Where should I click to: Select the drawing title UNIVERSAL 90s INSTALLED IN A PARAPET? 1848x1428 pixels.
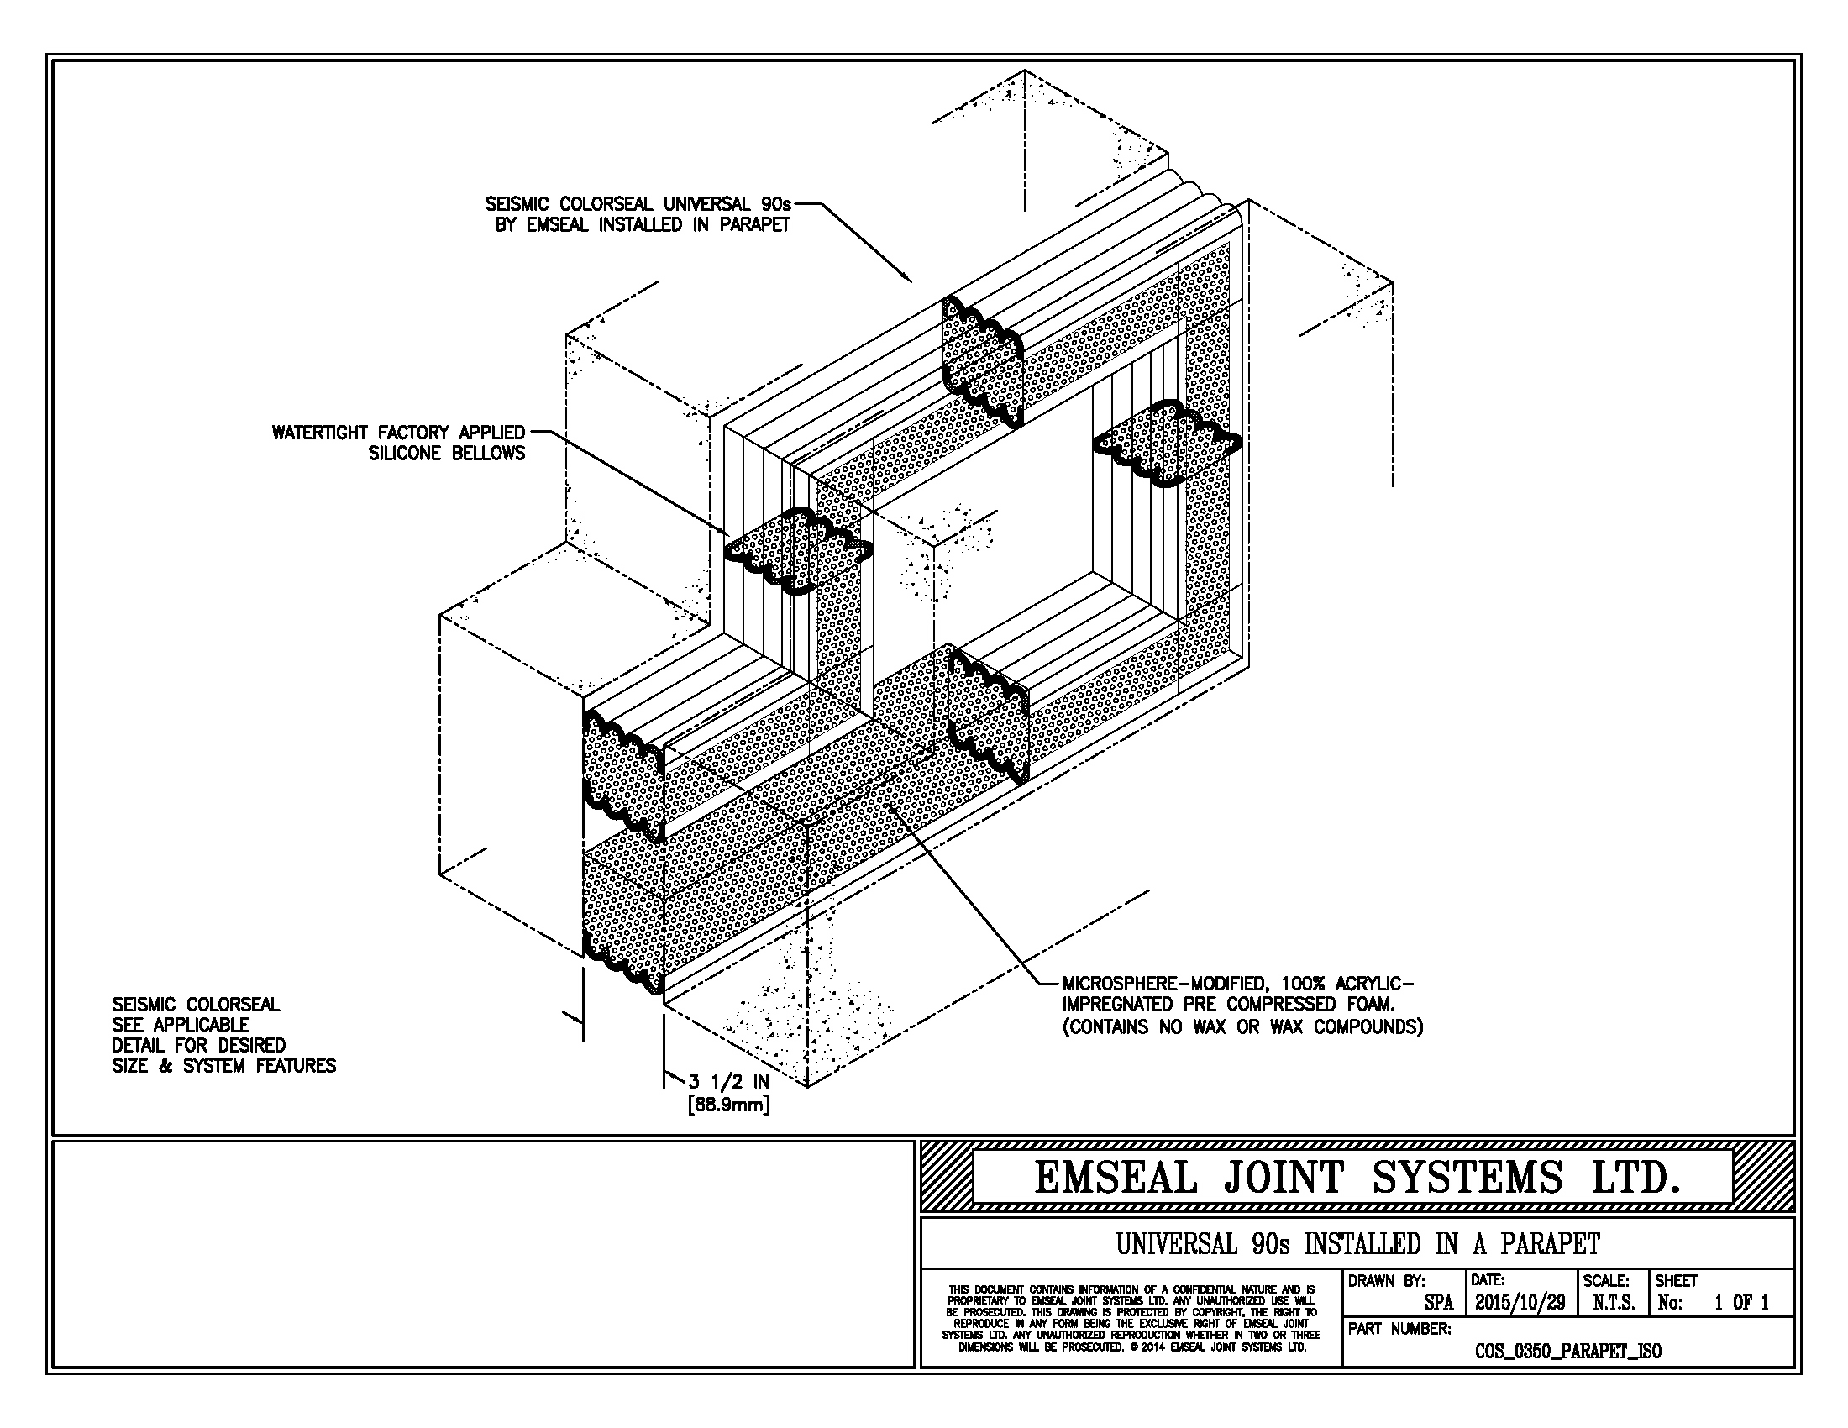pos(1357,1244)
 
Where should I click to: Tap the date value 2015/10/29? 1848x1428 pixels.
pos(1520,1303)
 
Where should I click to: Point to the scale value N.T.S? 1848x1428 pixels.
pos(1613,1304)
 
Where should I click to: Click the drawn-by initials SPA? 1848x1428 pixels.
pos(1438,1304)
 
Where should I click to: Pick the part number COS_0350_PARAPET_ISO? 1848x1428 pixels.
pos(1568,1352)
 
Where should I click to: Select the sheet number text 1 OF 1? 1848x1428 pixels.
pos(1741,1303)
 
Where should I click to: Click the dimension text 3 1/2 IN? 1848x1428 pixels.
pos(728,1082)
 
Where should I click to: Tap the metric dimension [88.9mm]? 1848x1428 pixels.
pos(728,1104)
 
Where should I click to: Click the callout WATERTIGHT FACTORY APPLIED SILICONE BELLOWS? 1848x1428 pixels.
pos(397,444)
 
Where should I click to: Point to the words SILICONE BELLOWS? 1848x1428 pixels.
pos(447,454)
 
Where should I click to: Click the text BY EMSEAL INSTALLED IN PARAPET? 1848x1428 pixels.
pos(643,225)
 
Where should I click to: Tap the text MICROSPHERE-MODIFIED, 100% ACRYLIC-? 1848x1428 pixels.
pos(1238,984)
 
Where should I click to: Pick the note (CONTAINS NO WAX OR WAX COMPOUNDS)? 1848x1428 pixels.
pos(1242,1026)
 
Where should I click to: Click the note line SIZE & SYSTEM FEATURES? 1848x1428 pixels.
pos(224,1066)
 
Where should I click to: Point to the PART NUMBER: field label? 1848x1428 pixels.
pos(1399,1329)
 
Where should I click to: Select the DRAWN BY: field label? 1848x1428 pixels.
pos(1386,1281)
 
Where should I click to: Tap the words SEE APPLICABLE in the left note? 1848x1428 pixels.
pos(181,1026)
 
